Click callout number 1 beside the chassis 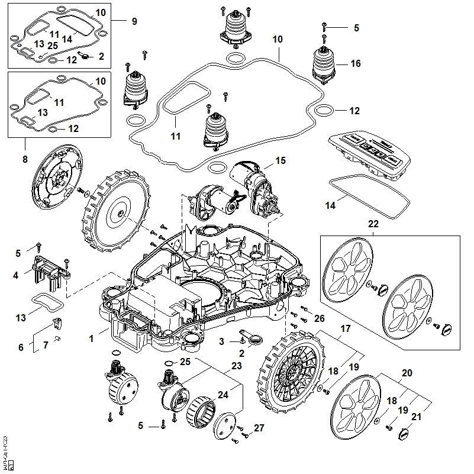point(92,339)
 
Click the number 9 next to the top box point(134,21)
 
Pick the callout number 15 point(280,160)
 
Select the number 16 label point(355,63)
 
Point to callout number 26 point(319,319)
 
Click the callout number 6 point(21,347)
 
